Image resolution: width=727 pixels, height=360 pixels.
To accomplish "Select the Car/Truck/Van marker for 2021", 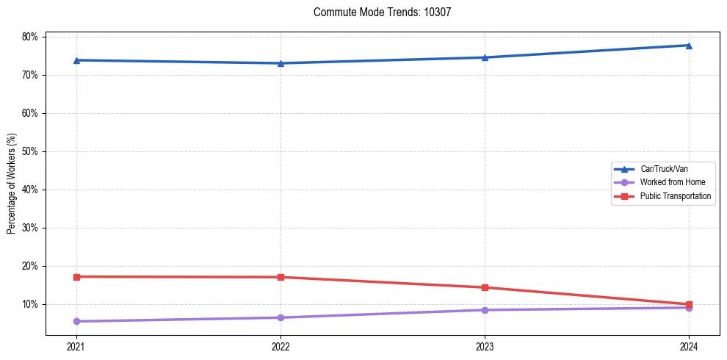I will pos(76,60).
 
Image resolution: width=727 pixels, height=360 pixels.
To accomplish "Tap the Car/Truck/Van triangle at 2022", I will pos(281,63).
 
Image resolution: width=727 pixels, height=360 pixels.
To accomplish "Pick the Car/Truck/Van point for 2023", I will pos(485,57).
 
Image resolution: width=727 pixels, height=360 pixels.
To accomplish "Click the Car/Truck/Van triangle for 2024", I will pos(689,46).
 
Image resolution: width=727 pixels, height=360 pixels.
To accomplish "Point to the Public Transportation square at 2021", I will pos(76,277).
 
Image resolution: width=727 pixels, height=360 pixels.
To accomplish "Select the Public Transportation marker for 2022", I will pos(281,277).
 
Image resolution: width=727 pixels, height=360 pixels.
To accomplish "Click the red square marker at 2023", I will pos(485,287).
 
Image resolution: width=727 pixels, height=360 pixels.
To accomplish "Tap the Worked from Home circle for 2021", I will pos(76,321).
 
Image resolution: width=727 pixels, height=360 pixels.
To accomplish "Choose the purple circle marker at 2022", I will pos(281,317).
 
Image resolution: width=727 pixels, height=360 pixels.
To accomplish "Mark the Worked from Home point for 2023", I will pos(485,310).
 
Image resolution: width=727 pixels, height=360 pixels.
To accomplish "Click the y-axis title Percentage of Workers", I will pos(12,184).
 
